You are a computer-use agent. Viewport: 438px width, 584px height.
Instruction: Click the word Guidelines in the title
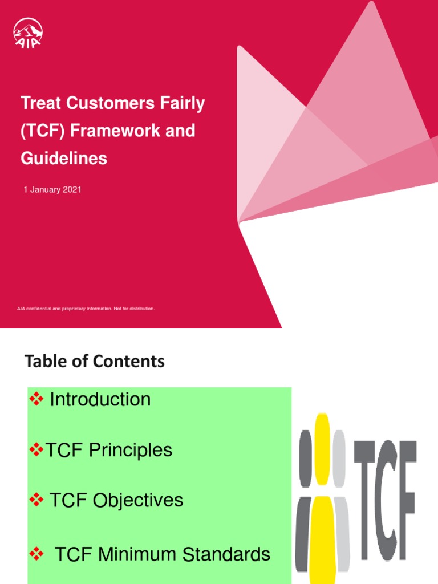(x=64, y=158)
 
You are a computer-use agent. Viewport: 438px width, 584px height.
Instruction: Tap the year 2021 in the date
(x=70, y=189)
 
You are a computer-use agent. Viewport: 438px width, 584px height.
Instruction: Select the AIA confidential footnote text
(x=86, y=309)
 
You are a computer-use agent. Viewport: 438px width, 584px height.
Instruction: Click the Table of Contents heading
(x=95, y=361)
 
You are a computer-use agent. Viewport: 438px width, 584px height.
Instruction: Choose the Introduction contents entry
(x=100, y=399)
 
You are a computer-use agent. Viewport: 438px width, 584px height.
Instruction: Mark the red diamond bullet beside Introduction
(x=36, y=399)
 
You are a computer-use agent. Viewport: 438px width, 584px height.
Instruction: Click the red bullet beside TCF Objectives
(x=36, y=500)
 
